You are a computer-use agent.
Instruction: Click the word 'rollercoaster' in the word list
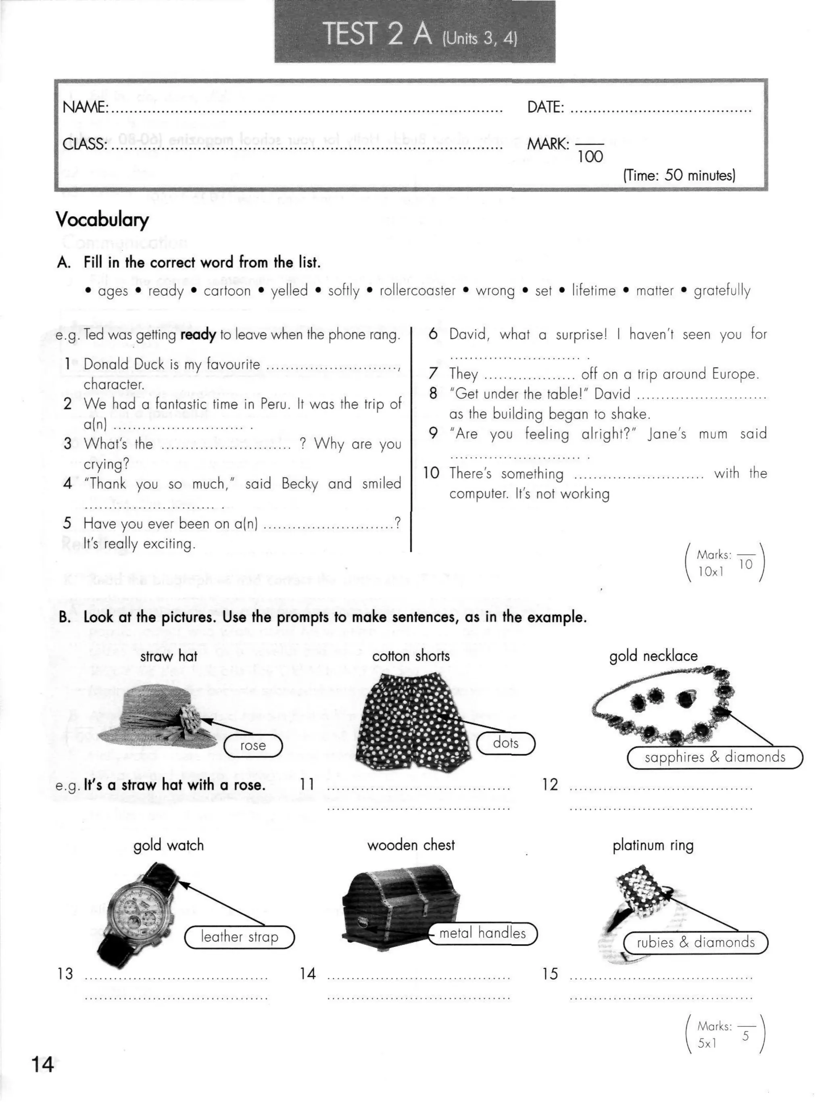[417, 290]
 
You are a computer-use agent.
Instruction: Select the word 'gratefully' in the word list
[722, 290]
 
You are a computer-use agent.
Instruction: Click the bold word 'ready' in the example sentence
[198, 334]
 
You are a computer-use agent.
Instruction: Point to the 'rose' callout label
[252, 745]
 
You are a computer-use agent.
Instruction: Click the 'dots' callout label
[505, 743]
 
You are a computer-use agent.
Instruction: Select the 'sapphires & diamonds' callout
[715, 757]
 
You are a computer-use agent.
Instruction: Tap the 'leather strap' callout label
[240, 937]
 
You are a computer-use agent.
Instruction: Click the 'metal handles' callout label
[482, 933]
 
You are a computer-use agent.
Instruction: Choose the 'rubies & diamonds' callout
[695, 943]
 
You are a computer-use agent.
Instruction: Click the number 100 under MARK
[590, 157]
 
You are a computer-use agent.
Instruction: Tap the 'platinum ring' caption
[653, 845]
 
